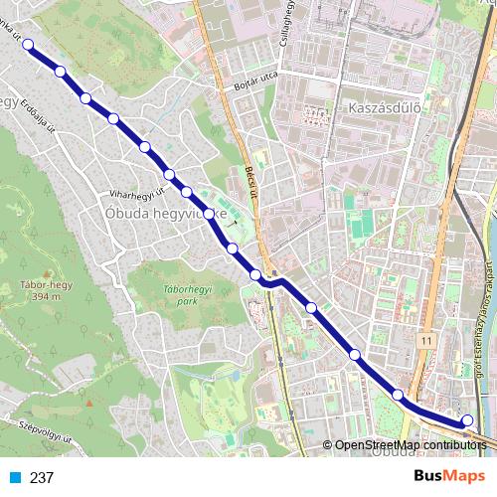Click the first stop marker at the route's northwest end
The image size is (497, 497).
point(29,44)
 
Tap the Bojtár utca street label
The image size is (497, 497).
point(253,81)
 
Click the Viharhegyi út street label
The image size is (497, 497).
point(137,189)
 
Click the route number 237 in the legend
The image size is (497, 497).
point(42,477)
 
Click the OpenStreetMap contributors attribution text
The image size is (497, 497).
point(412,444)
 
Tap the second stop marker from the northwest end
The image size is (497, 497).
point(61,72)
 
